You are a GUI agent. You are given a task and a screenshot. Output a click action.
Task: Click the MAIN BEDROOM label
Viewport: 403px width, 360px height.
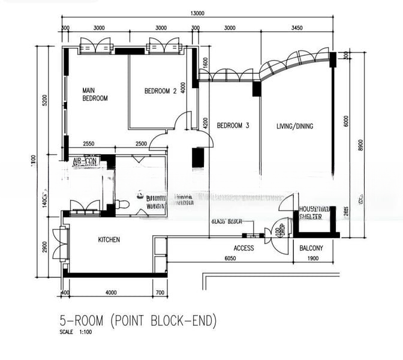(x=95, y=94)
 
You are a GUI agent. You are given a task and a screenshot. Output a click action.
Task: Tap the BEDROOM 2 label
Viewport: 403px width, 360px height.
(x=160, y=91)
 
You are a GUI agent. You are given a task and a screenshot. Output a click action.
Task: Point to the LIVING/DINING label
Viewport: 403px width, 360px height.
(x=294, y=126)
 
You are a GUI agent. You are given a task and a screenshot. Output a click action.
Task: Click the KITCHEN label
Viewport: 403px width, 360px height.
(x=109, y=239)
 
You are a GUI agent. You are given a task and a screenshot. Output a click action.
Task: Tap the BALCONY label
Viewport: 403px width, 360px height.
(x=311, y=248)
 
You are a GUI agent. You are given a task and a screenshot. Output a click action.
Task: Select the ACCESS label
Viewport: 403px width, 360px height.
(x=243, y=248)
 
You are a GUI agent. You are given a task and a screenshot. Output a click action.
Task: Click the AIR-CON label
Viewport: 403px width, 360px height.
(x=85, y=162)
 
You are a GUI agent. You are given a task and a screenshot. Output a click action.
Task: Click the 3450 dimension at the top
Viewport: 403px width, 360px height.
(x=296, y=28)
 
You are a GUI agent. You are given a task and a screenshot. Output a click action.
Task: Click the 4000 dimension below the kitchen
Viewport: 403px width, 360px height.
(x=110, y=292)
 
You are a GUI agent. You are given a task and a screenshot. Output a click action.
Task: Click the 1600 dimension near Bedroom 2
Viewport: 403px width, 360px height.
(x=206, y=62)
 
